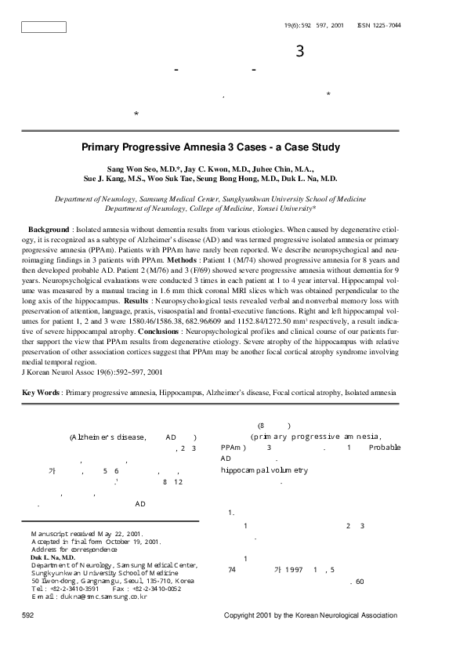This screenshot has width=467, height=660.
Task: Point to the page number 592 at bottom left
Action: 29,616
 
